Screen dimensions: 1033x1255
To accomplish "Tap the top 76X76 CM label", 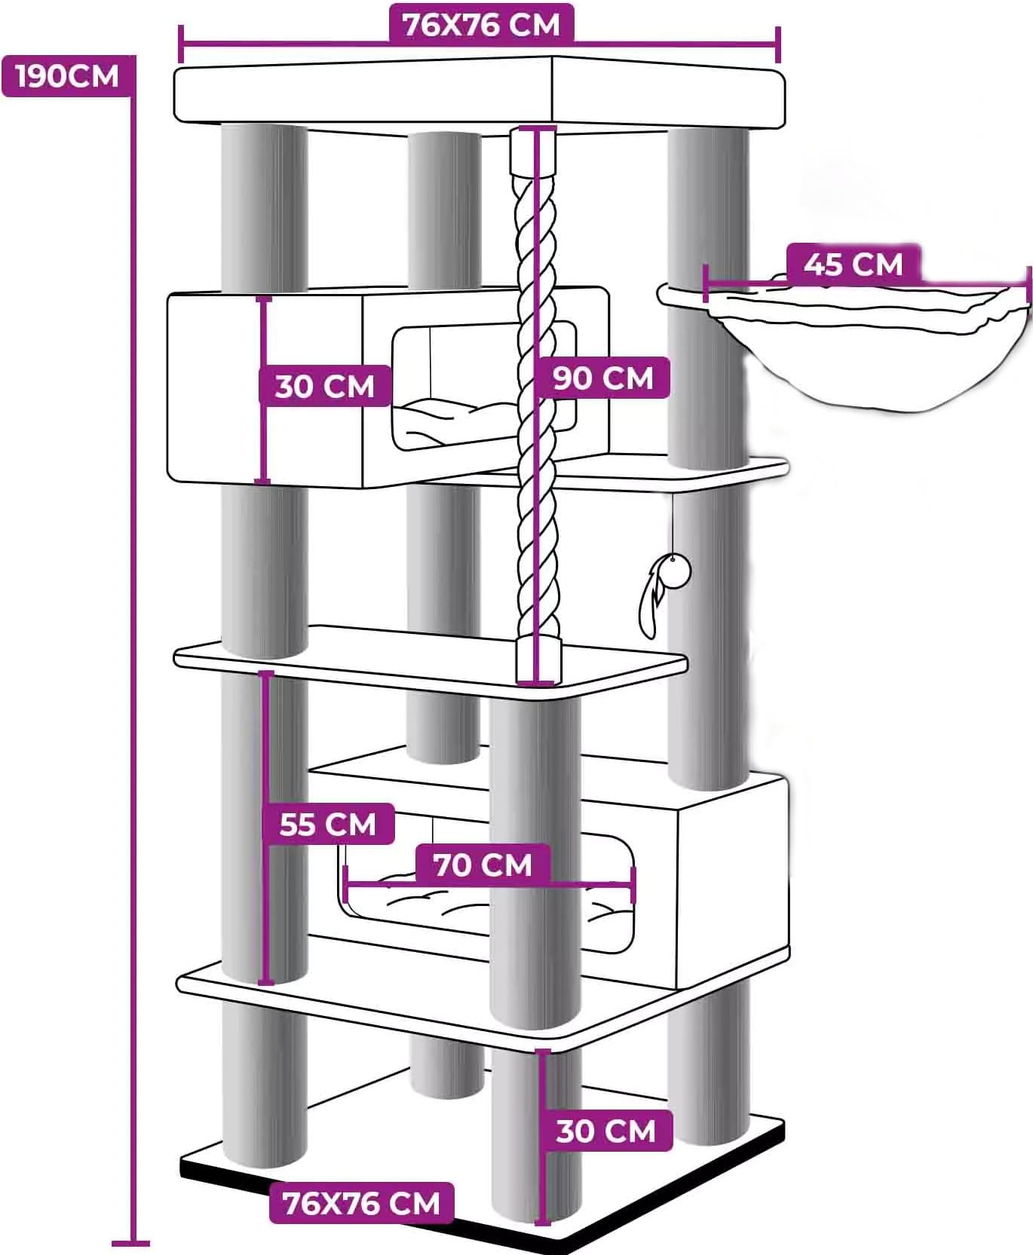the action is pyautogui.click(x=482, y=24).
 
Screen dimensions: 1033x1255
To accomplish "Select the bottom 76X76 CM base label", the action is pyautogui.click(x=361, y=1203).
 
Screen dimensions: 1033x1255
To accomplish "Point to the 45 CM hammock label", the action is pyautogui.click(x=853, y=264).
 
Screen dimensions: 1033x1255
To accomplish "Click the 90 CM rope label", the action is pyautogui.click(x=603, y=377).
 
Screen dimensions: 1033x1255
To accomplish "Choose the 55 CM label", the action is pyautogui.click(x=328, y=823).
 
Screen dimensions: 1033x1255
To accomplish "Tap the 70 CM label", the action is pyautogui.click(x=483, y=864).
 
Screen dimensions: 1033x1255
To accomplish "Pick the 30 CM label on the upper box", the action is pyautogui.click(x=324, y=386).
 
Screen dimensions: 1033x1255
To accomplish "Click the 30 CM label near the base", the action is pyautogui.click(x=606, y=1131).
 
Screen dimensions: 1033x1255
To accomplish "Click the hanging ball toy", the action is pyautogui.click(x=676, y=571).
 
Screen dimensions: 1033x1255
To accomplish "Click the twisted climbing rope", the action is pyautogui.click(x=536, y=407).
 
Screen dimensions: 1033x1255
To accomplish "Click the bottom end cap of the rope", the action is pyautogui.click(x=538, y=660).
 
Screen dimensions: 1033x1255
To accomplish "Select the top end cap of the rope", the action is pyautogui.click(x=533, y=151).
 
